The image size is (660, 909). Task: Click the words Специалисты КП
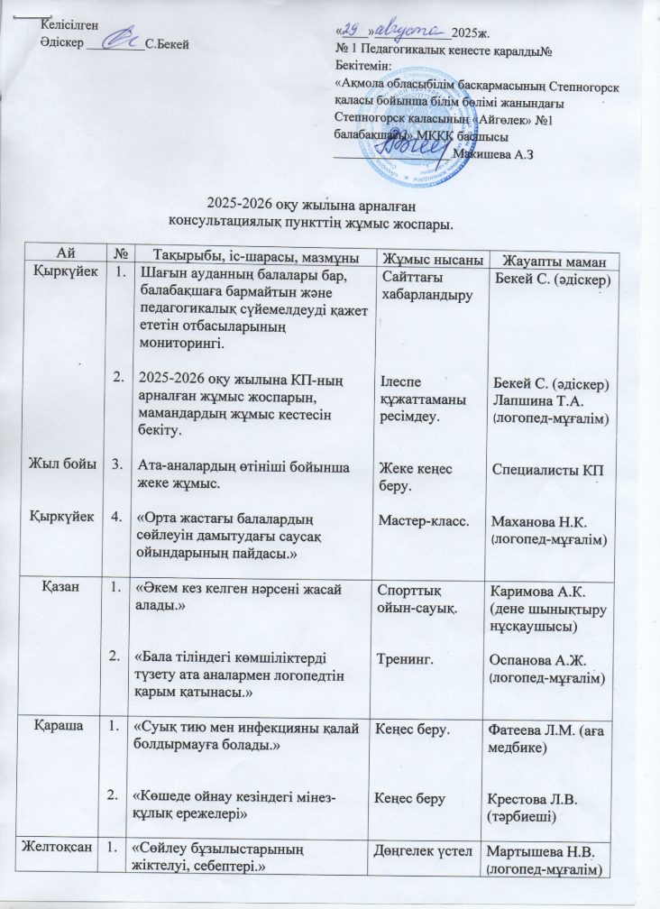click(x=545, y=470)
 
